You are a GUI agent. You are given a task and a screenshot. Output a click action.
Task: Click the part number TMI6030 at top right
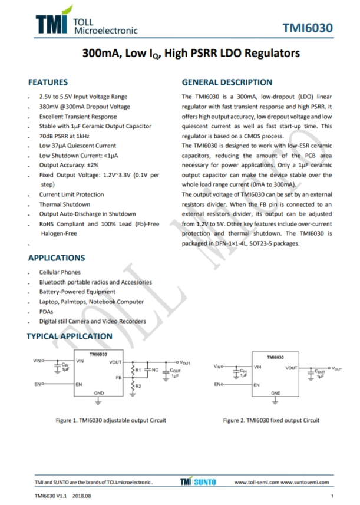pos(307,28)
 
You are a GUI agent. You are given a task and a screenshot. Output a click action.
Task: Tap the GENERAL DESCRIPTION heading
pos(227,82)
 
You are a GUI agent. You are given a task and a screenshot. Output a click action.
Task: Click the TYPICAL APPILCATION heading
pos(69,336)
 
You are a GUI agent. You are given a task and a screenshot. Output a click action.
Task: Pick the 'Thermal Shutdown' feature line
pos(64,204)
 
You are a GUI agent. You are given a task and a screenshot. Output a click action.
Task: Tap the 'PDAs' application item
pos(47,311)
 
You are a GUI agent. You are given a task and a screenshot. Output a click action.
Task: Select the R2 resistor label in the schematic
pos(138,386)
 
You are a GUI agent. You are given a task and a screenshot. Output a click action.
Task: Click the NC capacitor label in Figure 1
pos(155,370)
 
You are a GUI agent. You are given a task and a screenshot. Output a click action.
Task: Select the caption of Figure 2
pos(272,420)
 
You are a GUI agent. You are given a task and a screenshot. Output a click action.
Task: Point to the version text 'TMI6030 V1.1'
pos(51,496)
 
